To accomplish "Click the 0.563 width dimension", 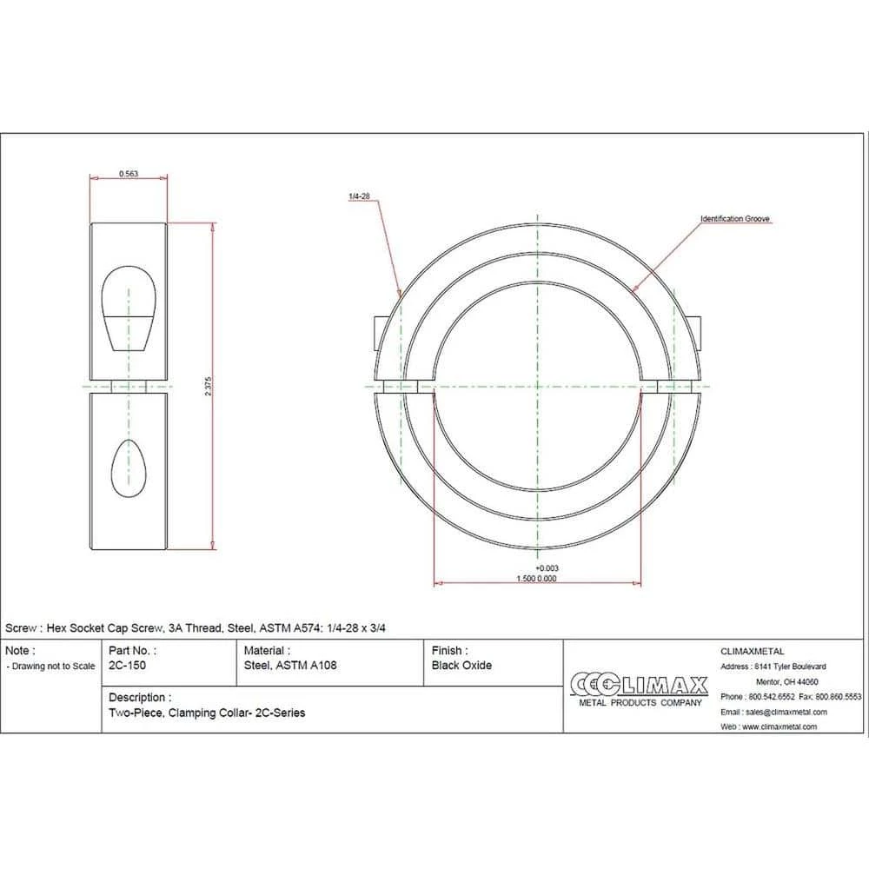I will pyautogui.click(x=128, y=174).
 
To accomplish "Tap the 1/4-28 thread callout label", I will pyautogui.click(x=360, y=197).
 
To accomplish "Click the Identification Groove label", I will pyautogui.click(x=735, y=219).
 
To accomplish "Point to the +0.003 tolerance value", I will pyautogui.click(x=547, y=567).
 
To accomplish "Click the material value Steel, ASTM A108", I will pyautogui.click(x=290, y=666).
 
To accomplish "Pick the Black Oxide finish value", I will pyautogui.click(x=461, y=666).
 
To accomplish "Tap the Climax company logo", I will pyautogui.click(x=640, y=687).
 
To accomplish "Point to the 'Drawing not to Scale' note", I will pyautogui.click(x=50, y=667).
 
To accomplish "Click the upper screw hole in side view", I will pyautogui.click(x=129, y=306).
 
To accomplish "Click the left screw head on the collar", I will pyautogui.click(x=376, y=334).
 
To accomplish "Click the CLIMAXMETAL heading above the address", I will pyautogui.click(x=753, y=651).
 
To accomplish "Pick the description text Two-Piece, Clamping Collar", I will pyautogui.click(x=207, y=713).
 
